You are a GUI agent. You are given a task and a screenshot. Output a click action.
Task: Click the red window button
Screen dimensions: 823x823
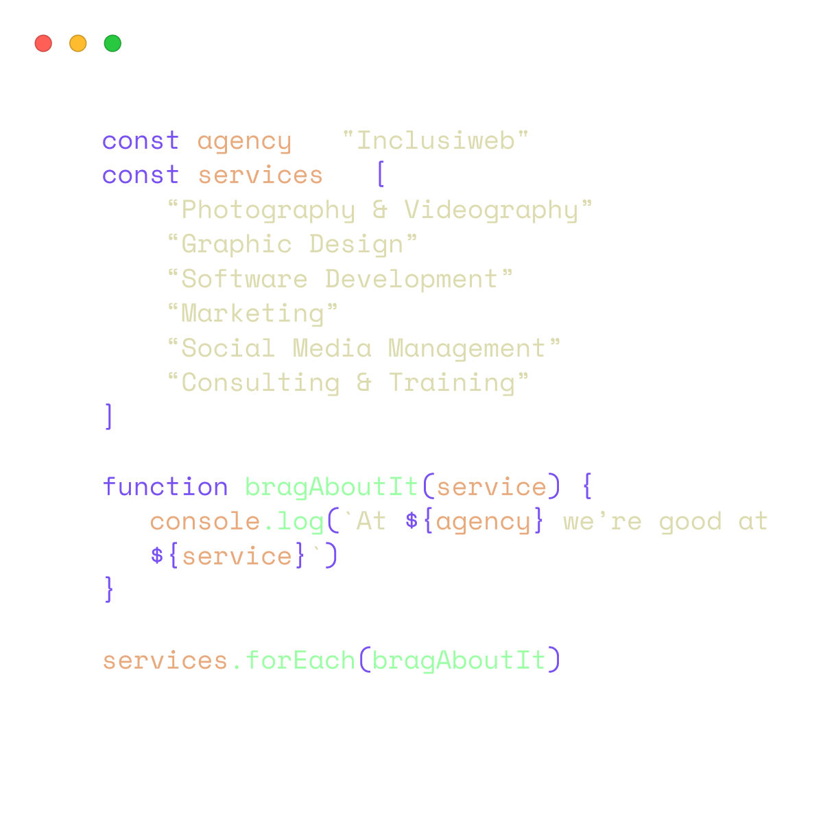[43, 44]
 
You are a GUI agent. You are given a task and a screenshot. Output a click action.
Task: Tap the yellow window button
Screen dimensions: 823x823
[78, 44]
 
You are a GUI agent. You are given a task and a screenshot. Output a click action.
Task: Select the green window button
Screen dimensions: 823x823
[112, 44]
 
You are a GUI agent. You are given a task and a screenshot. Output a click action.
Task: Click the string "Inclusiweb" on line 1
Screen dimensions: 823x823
[436, 141]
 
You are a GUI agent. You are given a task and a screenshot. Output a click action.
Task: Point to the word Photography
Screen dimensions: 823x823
[268, 211]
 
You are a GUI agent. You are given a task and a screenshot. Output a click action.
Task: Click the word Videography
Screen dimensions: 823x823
[491, 211]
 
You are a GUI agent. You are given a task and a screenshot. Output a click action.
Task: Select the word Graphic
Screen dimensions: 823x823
[237, 245]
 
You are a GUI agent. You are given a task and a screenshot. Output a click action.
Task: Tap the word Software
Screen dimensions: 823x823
[244, 279]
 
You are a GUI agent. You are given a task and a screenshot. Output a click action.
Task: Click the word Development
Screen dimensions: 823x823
[411, 279]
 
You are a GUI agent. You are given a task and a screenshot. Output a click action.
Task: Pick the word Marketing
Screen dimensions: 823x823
[252, 314]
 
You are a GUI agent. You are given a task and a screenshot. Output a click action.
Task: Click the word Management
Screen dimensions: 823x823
[467, 349]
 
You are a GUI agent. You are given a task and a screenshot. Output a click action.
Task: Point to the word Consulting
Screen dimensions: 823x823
[261, 383]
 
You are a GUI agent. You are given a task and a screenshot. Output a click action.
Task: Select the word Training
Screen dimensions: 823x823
[452, 383]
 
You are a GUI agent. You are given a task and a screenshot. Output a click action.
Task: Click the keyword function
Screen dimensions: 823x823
[165, 487]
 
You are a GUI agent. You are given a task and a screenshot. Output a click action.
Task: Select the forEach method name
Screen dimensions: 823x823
[300, 660]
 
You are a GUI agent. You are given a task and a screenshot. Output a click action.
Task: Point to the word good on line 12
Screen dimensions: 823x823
[690, 522]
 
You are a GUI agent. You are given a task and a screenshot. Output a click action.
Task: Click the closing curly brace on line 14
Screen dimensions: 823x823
[108, 591]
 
